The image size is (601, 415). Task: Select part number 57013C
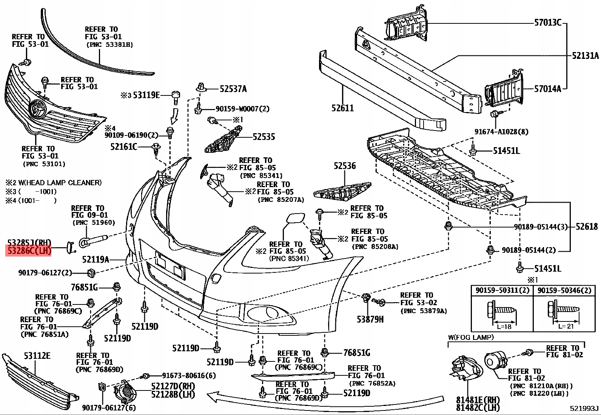[548, 23]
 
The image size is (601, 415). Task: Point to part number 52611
[343, 108]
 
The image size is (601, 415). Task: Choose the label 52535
[264, 137]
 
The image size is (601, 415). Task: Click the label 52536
[345, 166]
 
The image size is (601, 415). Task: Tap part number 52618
[587, 226]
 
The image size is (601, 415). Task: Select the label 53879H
[370, 319]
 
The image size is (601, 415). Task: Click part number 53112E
[37, 355]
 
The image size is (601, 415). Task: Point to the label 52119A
[96, 260]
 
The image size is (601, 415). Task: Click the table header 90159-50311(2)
[502, 290]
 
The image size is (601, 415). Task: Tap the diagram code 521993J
[584, 408]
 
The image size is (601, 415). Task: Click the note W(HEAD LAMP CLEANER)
[54, 183]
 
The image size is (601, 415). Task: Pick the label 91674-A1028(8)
[501, 132]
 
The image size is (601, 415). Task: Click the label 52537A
[233, 89]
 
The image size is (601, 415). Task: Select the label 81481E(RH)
[478, 400]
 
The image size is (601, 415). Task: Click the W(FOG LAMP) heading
[471, 337]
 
